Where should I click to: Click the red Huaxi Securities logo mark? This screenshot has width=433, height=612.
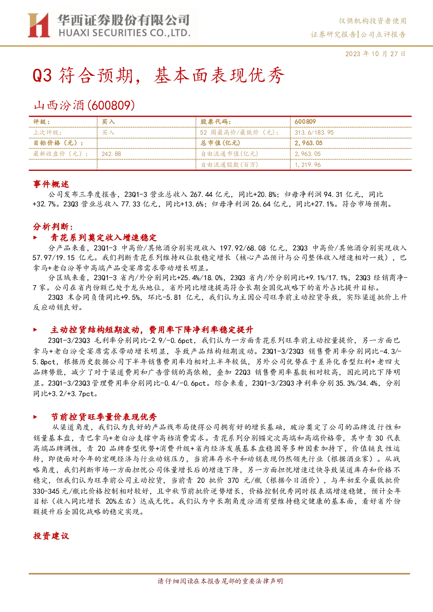pyautogui.click(x=38, y=25)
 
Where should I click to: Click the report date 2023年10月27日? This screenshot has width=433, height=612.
pyautogui.click(x=375, y=54)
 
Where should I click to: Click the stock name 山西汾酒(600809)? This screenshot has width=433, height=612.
pyautogui.click(x=84, y=105)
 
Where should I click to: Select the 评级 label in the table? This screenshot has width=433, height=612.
pyautogui.click(x=41, y=122)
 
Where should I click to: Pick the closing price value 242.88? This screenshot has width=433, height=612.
pyautogui.click(x=111, y=154)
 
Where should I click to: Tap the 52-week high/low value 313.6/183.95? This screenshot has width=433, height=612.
pyautogui.click(x=314, y=133)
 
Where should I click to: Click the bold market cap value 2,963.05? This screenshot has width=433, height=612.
pyautogui.click(x=308, y=143)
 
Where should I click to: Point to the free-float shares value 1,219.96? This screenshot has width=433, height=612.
pyautogui.click(x=307, y=165)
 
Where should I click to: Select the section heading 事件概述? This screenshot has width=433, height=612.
pyautogui.click(x=51, y=184)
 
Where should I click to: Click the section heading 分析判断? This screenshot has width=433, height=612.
pyautogui.click(x=53, y=227)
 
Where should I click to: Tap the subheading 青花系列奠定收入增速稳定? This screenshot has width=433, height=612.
pyautogui.click(x=104, y=238)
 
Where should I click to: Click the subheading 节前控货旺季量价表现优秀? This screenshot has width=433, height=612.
pyautogui.click(x=104, y=417)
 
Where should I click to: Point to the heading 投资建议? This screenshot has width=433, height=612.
pyautogui.click(x=51, y=536)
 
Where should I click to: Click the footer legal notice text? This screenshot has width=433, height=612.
pyautogui.click(x=220, y=581)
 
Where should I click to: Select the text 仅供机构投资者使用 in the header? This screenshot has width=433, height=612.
pyautogui.click(x=372, y=21)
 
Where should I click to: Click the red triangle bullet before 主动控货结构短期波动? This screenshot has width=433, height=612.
pyautogui.click(x=35, y=330)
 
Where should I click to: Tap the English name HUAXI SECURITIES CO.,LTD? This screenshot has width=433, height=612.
pyautogui.click(x=124, y=33)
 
